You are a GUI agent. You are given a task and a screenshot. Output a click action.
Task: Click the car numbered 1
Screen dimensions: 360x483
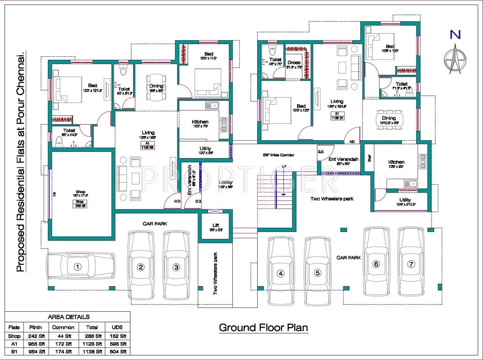pos(80,267)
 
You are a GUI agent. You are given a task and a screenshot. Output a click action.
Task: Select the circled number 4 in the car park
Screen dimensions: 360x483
pos(280,273)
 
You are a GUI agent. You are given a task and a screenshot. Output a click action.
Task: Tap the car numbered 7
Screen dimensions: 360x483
pos(411,264)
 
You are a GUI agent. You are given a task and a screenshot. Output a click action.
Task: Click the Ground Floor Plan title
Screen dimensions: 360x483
pos(263,327)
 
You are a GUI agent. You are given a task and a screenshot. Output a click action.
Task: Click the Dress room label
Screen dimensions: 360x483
pos(294,62)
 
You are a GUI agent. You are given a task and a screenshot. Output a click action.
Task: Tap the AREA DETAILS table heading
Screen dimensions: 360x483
pos(68,317)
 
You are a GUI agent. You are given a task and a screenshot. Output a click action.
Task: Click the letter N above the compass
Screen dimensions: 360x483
pos(454,34)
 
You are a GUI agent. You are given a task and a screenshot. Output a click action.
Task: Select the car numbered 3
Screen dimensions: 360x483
pos(176,267)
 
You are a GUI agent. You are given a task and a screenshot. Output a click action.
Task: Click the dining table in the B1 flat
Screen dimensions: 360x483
pos(389,124)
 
